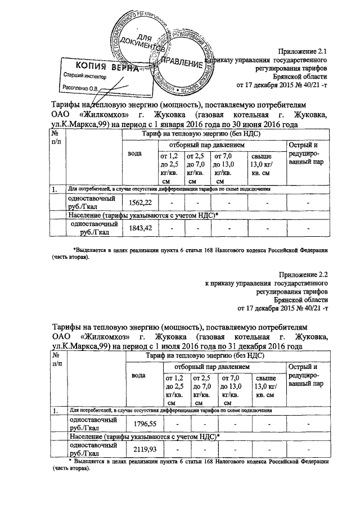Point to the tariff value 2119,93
(x=143, y=449)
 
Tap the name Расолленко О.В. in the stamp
(x=80, y=88)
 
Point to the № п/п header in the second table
(x=56, y=359)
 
